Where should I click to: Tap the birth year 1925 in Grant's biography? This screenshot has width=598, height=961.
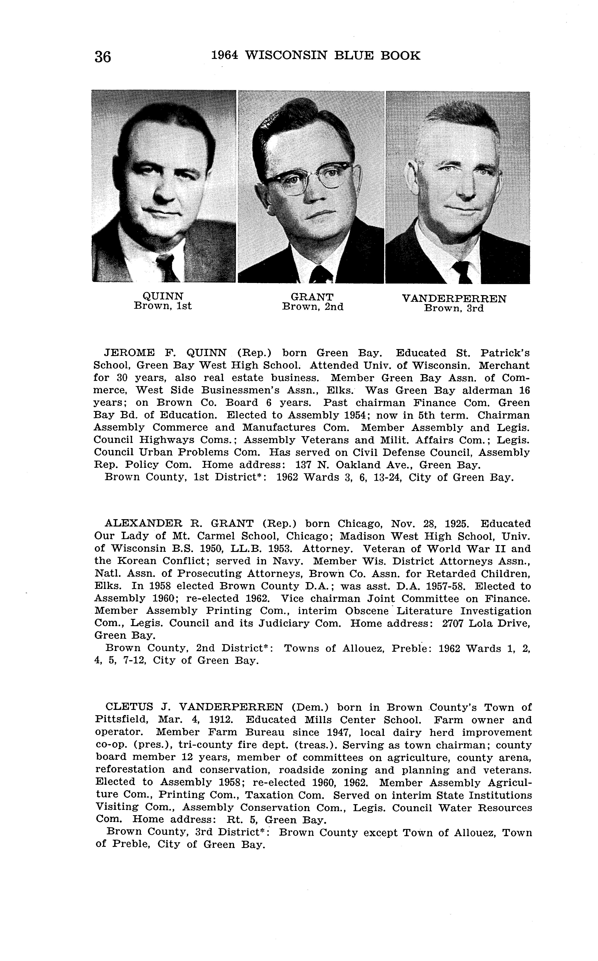[x=457, y=524]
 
